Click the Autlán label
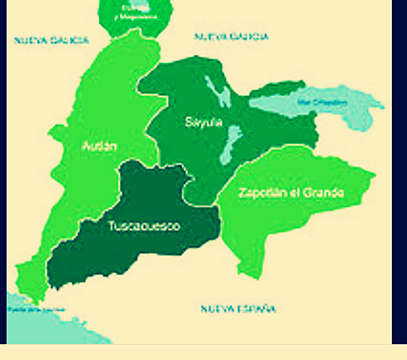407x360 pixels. pos(100,146)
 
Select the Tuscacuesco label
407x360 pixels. pos(144,226)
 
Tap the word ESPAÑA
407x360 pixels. pos(257,309)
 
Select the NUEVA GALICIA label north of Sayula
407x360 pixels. pos(232,36)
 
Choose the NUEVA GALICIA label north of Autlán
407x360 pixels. pos(51,40)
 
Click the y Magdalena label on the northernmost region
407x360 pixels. pos(136,15)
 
